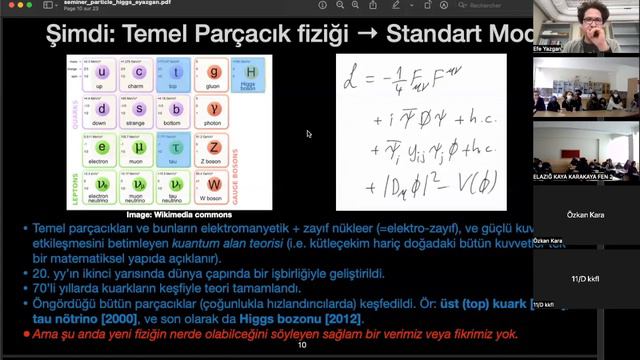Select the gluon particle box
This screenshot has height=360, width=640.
pos(214,75)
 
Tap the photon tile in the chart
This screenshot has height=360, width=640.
pos(214,111)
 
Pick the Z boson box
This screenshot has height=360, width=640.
pos(214,148)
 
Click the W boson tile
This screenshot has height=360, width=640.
pos(214,184)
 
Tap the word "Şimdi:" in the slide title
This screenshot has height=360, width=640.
pos(80,35)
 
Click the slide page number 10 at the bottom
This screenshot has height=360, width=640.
pos(302,344)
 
